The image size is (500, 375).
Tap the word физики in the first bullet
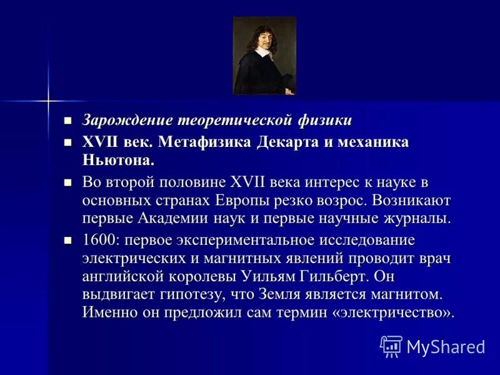point(327,120)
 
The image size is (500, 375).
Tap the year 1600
point(98,241)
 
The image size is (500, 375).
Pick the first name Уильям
point(277,276)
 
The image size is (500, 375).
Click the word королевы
point(207,276)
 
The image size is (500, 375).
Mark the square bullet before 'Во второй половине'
point(69,182)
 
